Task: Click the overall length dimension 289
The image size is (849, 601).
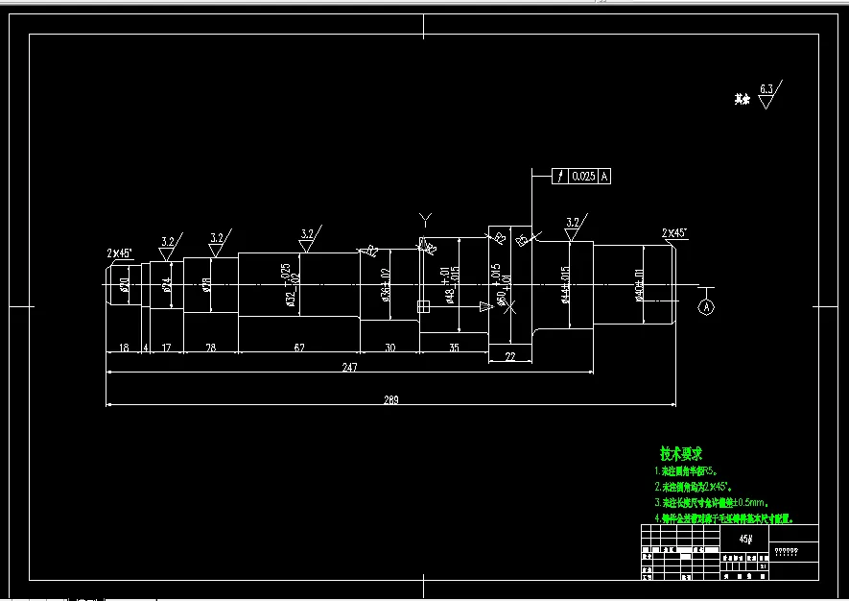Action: tap(389, 399)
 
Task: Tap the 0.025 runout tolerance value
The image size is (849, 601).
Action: tap(583, 177)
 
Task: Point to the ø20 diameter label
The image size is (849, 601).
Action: tap(125, 284)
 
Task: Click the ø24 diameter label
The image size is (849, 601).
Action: tap(167, 285)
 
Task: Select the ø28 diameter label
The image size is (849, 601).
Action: tap(206, 284)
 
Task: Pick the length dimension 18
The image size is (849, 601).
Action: tap(123, 347)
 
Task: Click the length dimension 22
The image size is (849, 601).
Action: tap(509, 356)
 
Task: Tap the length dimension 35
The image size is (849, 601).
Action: tap(454, 347)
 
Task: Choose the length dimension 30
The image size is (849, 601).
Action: tap(389, 347)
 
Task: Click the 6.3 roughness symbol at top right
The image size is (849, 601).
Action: tap(766, 89)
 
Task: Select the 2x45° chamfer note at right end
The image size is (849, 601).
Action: tap(674, 233)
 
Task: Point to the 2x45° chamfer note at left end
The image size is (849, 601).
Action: tap(120, 253)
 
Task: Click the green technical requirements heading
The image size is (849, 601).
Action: tap(681, 453)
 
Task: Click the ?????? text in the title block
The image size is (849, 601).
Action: tap(786, 552)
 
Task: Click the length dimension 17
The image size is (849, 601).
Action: tap(166, 347)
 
